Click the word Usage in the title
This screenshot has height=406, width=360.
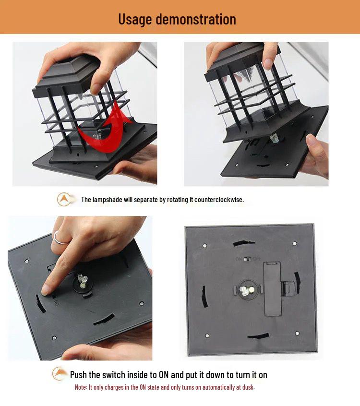tap(135, 19)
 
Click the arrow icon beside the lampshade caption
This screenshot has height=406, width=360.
tap(64, 199)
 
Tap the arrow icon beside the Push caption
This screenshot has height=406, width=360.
tap(59, 373)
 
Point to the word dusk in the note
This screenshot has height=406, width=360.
tap(249, 387)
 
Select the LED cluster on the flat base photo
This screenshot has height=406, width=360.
tap(245, 291)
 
